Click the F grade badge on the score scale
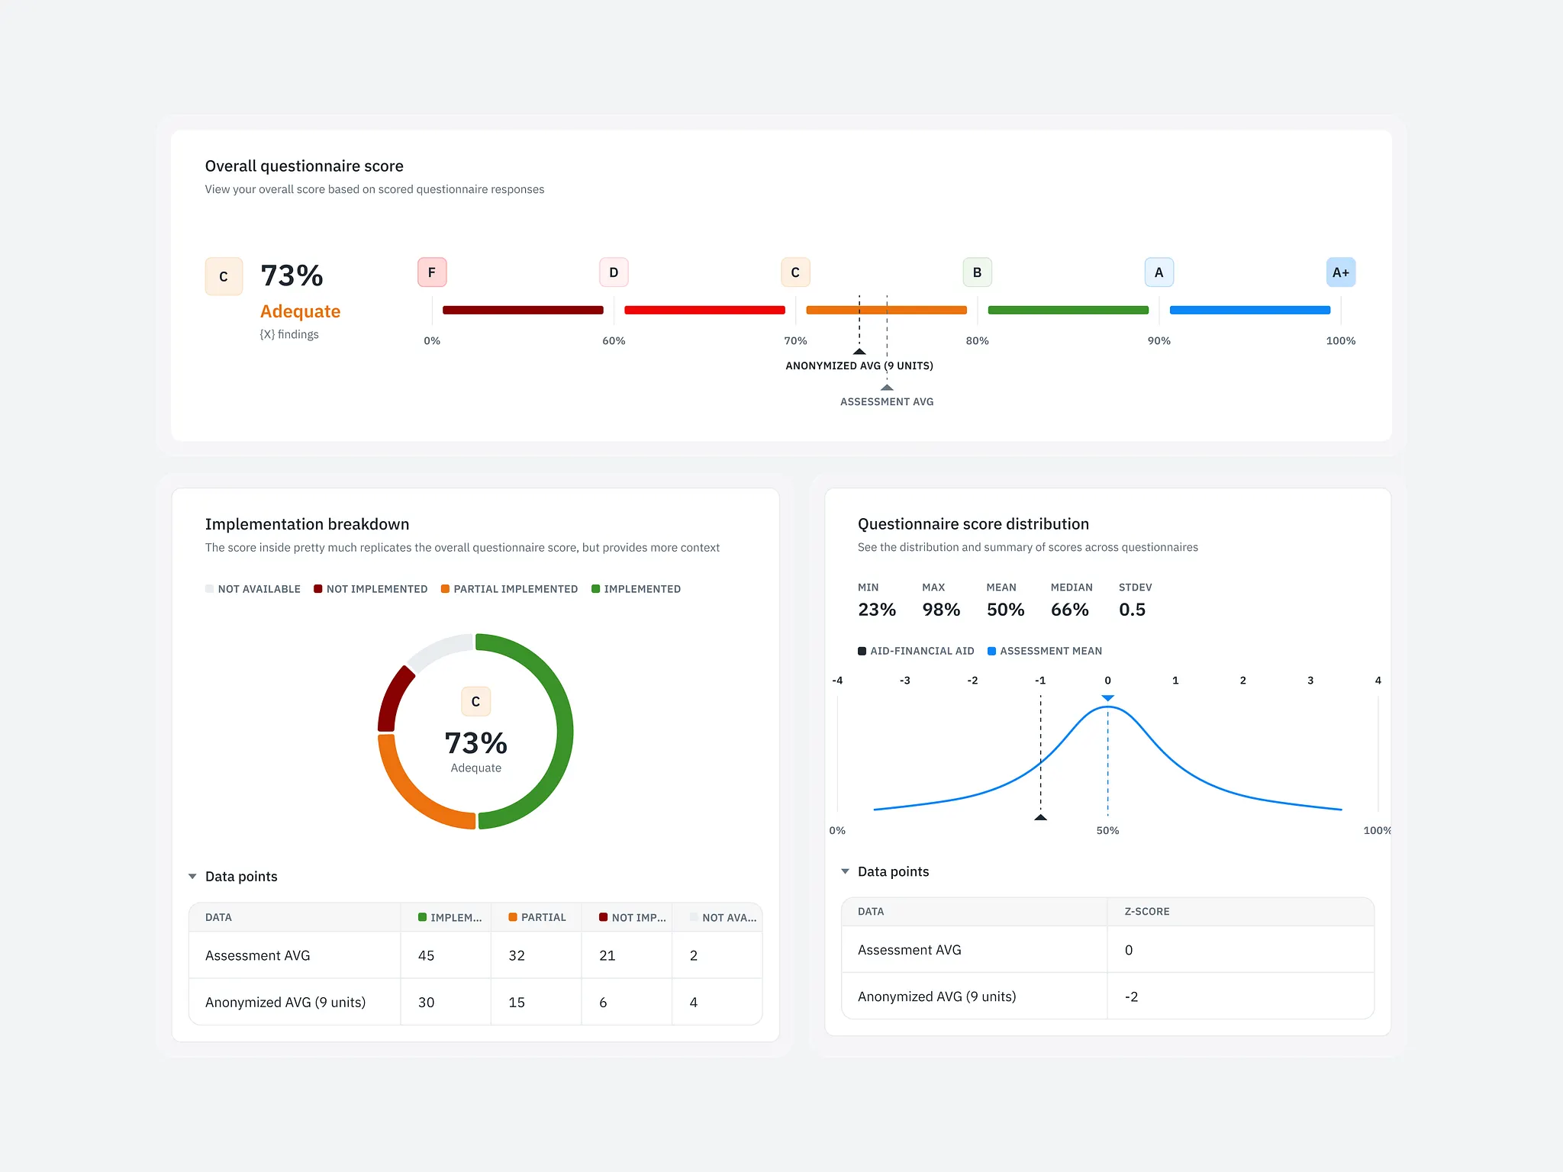pos(432,272)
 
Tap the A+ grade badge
pos(1341,272)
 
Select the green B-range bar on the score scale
pos(1068,310)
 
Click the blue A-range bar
pos(1250,310)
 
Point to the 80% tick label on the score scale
pos(977,341)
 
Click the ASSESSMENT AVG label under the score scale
pos(887,401)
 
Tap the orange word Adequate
pos(300,311)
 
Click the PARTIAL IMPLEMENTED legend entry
pos(509,589)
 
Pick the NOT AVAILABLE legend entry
pos(253,589)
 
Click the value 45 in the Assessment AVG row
pos(426,955)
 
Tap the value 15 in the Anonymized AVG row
pos(517,1002)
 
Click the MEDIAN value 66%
pos(1069,610)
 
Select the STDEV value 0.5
pos(1132,610)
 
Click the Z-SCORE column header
pos(1147,912)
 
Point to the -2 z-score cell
pos(1131,997)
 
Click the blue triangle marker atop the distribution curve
pos(1108,698)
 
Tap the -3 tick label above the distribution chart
pos(904,681)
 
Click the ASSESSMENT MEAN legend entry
pos(1045,651)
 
